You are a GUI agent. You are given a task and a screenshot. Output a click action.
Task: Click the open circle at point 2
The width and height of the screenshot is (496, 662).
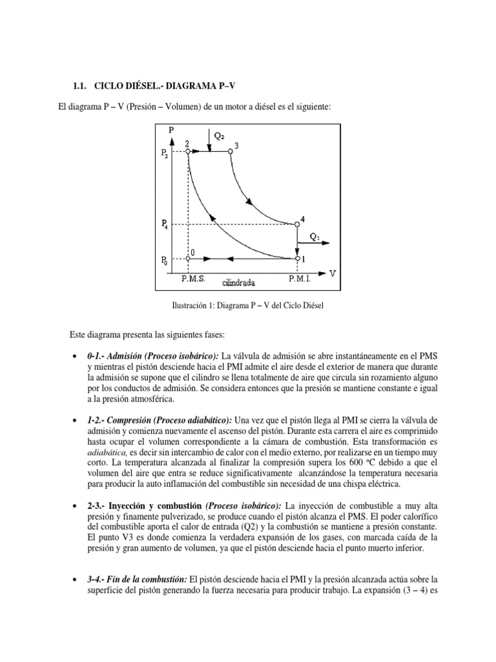coord(188,152)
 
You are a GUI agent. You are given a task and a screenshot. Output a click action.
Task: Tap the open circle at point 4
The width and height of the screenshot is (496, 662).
coord(297,224)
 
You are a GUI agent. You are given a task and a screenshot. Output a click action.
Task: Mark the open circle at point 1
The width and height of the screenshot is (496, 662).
coord(297,259)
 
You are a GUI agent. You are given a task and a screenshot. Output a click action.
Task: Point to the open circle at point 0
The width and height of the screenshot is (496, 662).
coord(188,259)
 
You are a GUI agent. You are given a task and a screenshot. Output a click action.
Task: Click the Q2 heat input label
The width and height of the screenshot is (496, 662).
coord(219,136)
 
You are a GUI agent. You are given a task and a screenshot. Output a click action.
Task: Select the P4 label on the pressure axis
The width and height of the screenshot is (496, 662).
coord(165,224)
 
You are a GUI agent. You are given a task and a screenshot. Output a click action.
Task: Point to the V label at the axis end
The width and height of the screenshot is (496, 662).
coord(333,273)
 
